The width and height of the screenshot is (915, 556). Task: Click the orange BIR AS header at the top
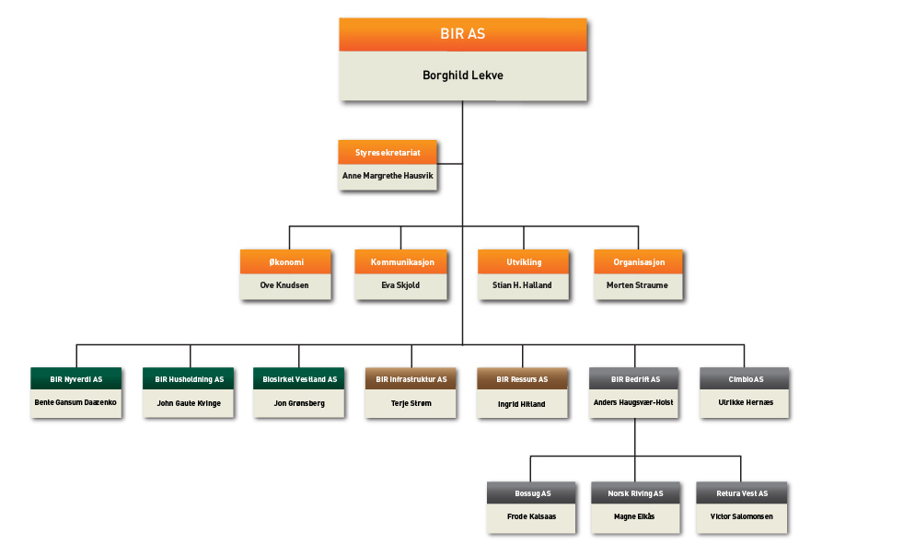(462, 34)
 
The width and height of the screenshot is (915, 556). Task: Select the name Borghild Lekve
(462, 75)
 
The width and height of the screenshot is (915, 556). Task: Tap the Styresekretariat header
(387, 153)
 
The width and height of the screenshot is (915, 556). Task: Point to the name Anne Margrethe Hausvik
(387, 173)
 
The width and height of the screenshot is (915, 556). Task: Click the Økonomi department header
(285, 262)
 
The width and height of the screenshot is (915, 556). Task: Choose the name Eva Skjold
(400, 285)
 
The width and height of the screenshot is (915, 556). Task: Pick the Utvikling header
(523, 262)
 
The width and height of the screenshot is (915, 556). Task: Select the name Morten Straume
(638, 285)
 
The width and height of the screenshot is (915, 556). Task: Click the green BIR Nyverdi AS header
(76, 378)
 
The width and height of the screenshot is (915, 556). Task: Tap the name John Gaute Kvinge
(189, 403)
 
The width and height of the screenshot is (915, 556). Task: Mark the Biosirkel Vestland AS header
(299, 378)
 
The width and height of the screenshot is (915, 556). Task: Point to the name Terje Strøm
(411, 403)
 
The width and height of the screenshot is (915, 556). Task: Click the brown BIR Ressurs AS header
(522, 378)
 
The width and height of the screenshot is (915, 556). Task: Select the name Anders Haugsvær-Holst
(634, 403)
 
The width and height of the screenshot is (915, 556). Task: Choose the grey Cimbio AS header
(745, 378)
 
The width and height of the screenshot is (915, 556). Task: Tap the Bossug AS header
(532, 493)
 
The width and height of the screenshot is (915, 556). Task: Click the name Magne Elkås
(636, 516)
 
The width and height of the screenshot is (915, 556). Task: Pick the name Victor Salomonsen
(741, 516)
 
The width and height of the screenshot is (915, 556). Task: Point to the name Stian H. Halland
(523, 285)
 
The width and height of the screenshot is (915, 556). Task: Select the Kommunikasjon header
(400, 262)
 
